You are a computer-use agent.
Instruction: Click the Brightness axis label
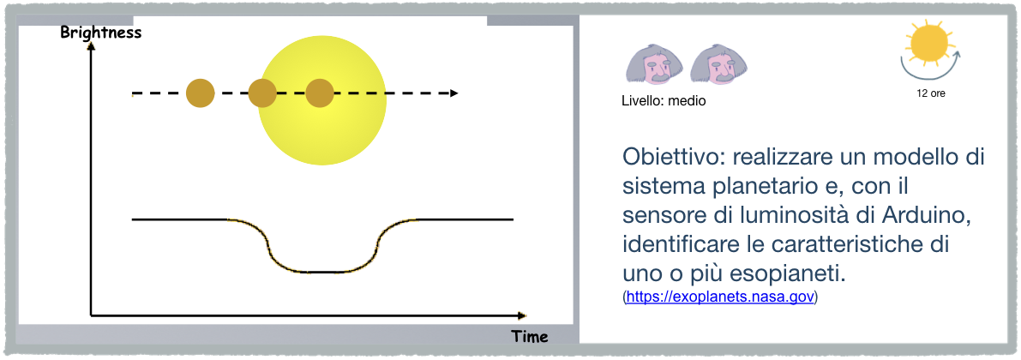click(x=101, y=33)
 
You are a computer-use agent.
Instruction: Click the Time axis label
click(x=530, y=337)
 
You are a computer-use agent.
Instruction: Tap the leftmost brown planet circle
click(x=201, y=93)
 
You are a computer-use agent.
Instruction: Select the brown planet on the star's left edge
click(x=262, y=93)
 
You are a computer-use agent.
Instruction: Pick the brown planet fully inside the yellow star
click(x=320, y=93)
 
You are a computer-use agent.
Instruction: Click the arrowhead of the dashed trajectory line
click(x=453, y=93)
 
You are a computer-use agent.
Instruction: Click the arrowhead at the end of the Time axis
click(x=521, y=315)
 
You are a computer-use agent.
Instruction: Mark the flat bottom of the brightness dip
click(x=321, y=272)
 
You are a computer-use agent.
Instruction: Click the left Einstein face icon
click(x=654, y=65)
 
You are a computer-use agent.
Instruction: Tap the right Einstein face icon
click(x=718, y=65)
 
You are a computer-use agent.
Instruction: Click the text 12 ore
click(x=930, y=93)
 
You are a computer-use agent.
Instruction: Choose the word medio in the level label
click(x=687, y=101)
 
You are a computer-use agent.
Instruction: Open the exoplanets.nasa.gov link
click(x=720, y=297)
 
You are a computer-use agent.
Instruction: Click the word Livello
click(x=643, y=101)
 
